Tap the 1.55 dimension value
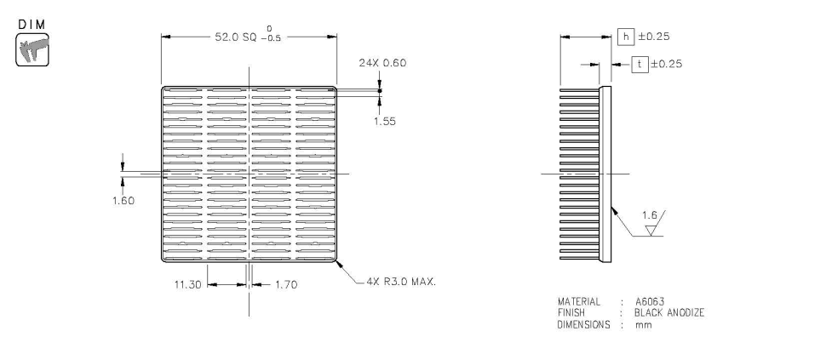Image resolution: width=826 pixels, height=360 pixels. pyautogui.click(x=386, y=121)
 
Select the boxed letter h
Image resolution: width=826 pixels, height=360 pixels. pyautogui.click(x=626, y=37)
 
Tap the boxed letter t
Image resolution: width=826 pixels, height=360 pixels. pyautogui.click(x=639, y=63)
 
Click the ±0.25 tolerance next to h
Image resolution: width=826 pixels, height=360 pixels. pyautogui.click(x=654, y=37)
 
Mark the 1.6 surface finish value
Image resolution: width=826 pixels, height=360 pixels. pyautogui.click(x=651, y=218)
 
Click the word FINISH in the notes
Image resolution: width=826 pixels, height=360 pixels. pyautogui.click(x=572, y=312)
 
